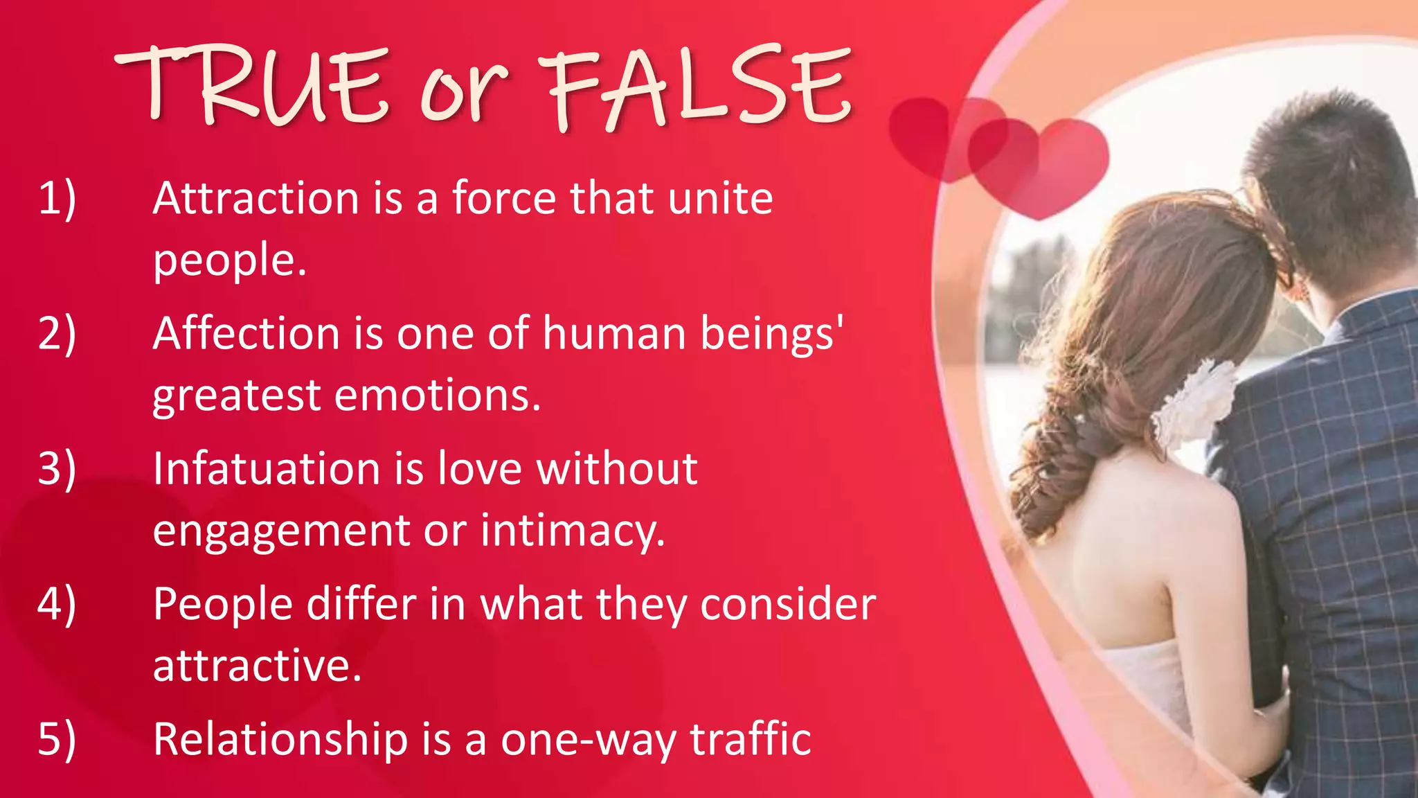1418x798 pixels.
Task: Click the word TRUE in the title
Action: click(x=249, y=87)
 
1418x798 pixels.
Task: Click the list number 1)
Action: click(x=57, y=199)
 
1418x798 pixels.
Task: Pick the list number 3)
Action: click(x=57, y=469)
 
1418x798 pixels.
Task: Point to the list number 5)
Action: click(x=57, y=739)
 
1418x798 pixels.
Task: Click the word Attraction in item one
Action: click(x=255, y=199)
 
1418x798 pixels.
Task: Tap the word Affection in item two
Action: click(x=246, y=334)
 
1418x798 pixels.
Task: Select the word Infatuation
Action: click(x=266, y=469)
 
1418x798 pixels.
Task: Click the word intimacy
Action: click(x=573, y=531)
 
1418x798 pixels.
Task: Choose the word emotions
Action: click(x=437, y=396)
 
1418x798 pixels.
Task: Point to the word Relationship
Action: click(x=280, y=739)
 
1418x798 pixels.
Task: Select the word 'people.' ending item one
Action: click(x=229, y=261)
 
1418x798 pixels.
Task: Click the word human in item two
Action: click(x=613, y=334)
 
